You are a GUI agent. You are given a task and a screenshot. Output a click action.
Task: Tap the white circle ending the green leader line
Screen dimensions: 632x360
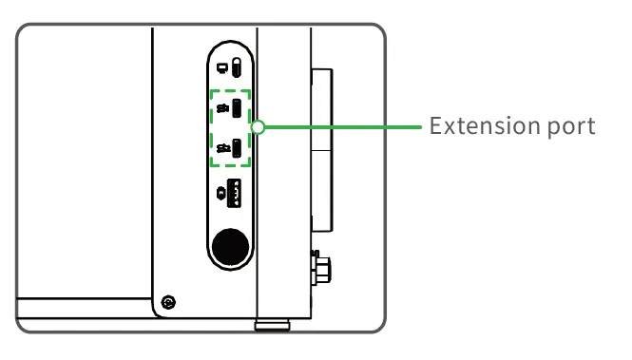258,127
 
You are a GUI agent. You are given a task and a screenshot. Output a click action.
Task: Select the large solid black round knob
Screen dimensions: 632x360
231,247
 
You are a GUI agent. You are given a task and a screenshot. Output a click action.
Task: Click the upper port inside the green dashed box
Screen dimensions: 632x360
237,108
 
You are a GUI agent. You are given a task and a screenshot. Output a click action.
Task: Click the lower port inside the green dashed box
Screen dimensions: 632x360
237,148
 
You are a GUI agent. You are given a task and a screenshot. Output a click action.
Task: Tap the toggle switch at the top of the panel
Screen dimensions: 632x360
237,67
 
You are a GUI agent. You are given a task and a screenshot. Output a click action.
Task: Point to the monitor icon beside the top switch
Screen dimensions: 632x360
222,68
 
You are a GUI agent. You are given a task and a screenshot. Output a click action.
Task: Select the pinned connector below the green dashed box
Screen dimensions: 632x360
234,193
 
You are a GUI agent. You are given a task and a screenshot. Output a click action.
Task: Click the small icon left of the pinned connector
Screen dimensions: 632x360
221,193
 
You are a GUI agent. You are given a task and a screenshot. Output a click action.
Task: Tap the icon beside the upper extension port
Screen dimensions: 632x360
223,108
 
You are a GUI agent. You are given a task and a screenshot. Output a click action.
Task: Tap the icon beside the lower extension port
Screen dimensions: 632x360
223,148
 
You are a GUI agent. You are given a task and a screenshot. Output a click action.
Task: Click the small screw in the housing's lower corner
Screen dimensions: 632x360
168,302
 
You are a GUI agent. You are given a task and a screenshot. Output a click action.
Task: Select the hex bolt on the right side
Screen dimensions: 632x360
321,268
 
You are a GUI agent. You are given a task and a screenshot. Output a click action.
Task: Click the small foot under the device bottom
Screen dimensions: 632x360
272,325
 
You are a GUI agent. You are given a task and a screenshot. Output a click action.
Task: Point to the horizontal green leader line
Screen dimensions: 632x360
343,127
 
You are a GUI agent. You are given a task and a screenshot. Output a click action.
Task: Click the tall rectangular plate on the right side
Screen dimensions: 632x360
322,150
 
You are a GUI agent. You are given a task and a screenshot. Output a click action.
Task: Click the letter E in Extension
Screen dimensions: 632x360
435,125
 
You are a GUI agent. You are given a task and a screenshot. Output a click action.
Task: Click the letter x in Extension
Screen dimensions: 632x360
450,128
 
